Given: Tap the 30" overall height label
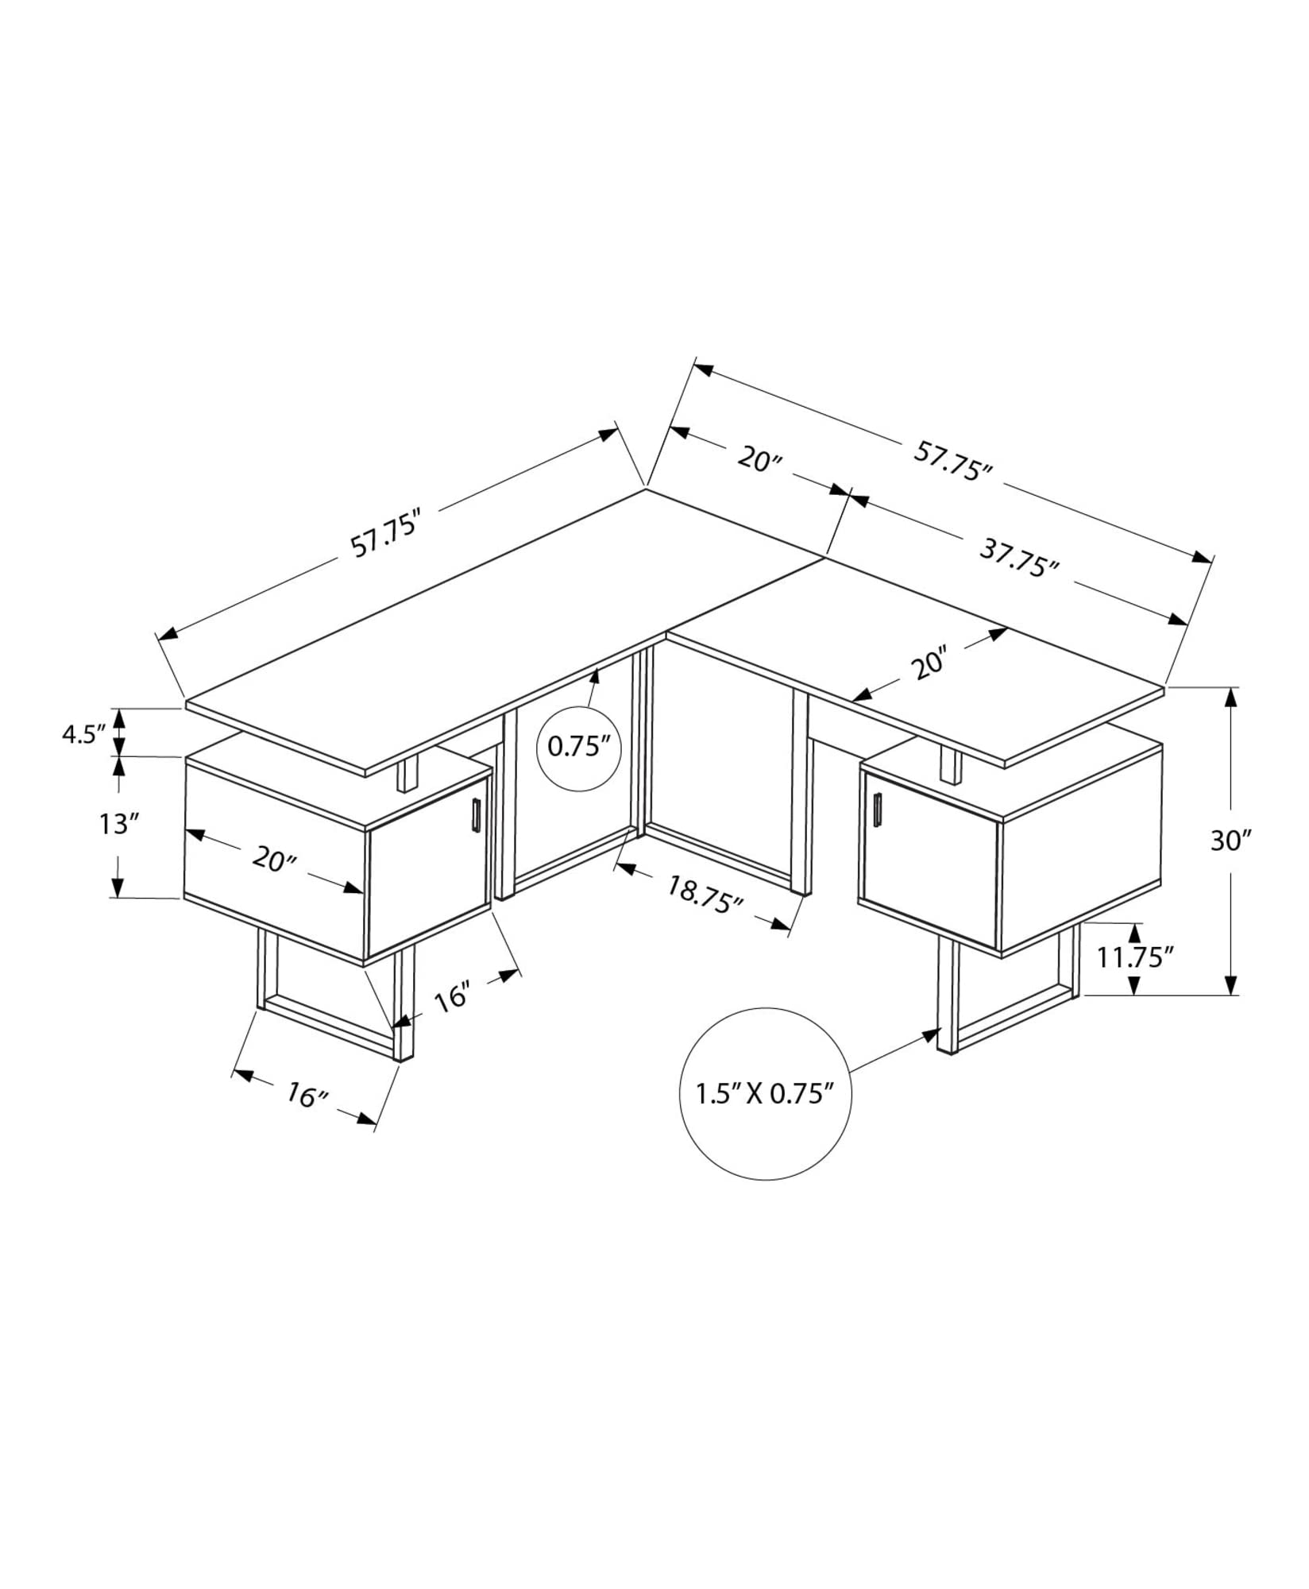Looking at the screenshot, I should (x=1230, y=840).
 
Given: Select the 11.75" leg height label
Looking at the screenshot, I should (x=1135, y=957).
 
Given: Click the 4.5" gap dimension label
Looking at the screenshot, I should (x=83, y=733).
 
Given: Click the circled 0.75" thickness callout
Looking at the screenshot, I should (x=578, y=748).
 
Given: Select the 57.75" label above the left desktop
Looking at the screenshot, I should (x=384, y=538).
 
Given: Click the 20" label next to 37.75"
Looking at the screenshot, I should (x=760, y=458).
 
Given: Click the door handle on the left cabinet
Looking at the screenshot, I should (x=475, y=815).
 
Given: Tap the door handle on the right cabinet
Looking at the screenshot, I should (x=878, y=808).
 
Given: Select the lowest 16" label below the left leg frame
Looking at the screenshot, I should (x=307, y=1096).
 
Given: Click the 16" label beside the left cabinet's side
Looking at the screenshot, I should (x=454, y=996).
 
